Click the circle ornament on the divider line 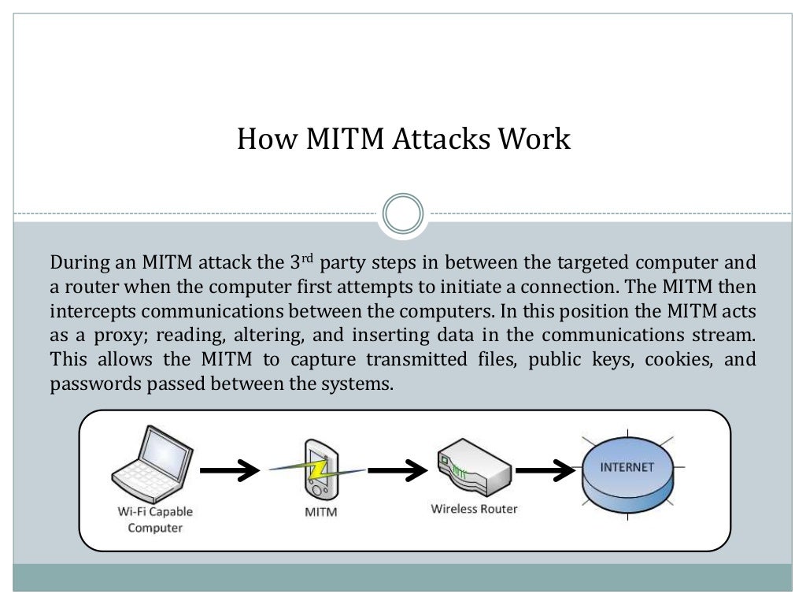[x=403, y=213]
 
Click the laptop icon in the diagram [x=151, y=467]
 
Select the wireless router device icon [x=473, y=471]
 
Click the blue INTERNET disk [x=627, y=475]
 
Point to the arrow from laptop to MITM [x=229, y=471]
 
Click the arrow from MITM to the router [x=397, y=471]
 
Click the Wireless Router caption [x=474, y=509]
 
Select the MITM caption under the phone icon [x=320, y=513]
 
